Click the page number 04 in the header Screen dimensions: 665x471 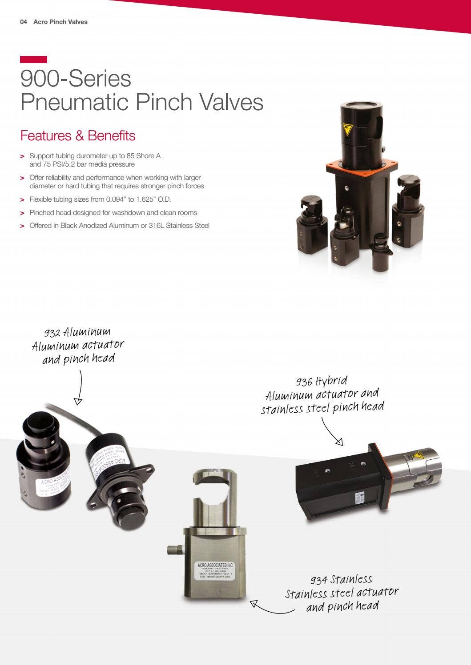click(x=24, y=22)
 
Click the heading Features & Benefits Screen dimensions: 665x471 click(x=78, y=135)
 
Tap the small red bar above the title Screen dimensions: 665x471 click(x=33, y=60)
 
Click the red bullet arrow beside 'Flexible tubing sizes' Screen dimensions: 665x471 click(x=22, y=200)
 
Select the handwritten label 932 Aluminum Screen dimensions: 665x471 click(x=77, y=332)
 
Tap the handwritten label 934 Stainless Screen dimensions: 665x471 click(x=341, y=580)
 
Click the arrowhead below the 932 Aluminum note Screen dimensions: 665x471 click(x=78, y=402)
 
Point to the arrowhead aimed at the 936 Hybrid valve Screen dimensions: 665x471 click(x=339, y=442)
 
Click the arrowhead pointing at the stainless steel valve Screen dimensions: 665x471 click(x=254, y=604)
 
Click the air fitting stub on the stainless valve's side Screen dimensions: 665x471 click(x=175, y=550)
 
